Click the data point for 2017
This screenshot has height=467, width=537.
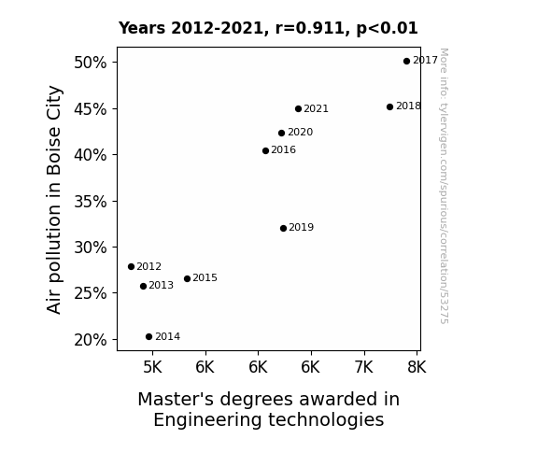click(406, 62)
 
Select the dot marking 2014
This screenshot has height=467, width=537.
click(148, 337)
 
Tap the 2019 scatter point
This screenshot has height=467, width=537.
click(283, 228)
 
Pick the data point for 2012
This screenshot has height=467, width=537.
click(131, 266)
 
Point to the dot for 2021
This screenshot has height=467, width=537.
click(298, 109)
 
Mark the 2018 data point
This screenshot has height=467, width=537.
click(389, 106)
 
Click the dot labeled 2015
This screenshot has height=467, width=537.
click(187, 279)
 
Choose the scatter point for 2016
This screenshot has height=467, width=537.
click(265, 150)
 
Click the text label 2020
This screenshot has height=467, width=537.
click(301, 133)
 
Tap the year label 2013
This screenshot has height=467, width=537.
click(161, 285)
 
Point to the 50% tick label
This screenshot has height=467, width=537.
click(90, 63)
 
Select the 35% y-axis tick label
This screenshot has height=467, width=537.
click(90, 202)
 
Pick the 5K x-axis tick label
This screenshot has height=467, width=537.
click(152, 367)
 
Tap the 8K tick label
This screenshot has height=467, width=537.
click(417, 367)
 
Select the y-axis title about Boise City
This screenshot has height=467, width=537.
click(54, 199)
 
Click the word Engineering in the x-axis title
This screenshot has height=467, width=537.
click(207, 420)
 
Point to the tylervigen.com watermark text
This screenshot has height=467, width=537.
click(444, 186)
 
